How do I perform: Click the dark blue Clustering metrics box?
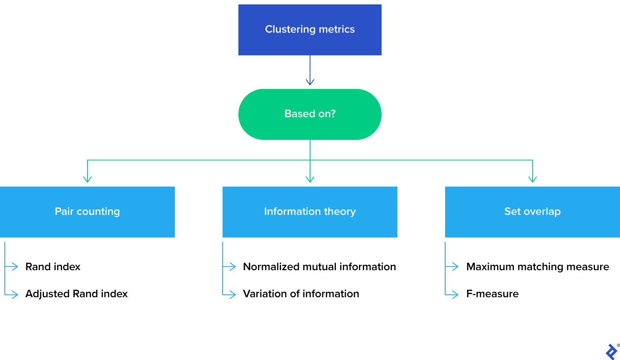pos(310,30)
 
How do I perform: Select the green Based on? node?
pos(310,114)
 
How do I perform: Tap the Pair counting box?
pos(87,212)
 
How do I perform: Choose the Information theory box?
pos(310,212)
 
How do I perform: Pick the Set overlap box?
pos(532,212)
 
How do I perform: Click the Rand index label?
pos(53,267)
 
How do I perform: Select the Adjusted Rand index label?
pos(76,294)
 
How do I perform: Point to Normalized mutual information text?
pos(319,267)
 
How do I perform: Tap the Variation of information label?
pos(301,294)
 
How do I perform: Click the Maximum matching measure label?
pos(537,267)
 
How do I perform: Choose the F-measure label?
pos(492,294)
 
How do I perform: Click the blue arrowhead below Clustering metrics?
pos(310,82)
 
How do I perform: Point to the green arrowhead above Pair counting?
pos(87,179)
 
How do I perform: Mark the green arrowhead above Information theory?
pos(310,179)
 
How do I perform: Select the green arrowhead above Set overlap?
pos(533,179)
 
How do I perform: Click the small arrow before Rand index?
pos(15,267)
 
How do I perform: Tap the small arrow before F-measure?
pos(455,294)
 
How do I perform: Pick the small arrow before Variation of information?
pos(232,294)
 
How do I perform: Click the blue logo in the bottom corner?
pos(611,352)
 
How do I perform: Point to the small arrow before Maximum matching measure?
pos(455,267)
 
